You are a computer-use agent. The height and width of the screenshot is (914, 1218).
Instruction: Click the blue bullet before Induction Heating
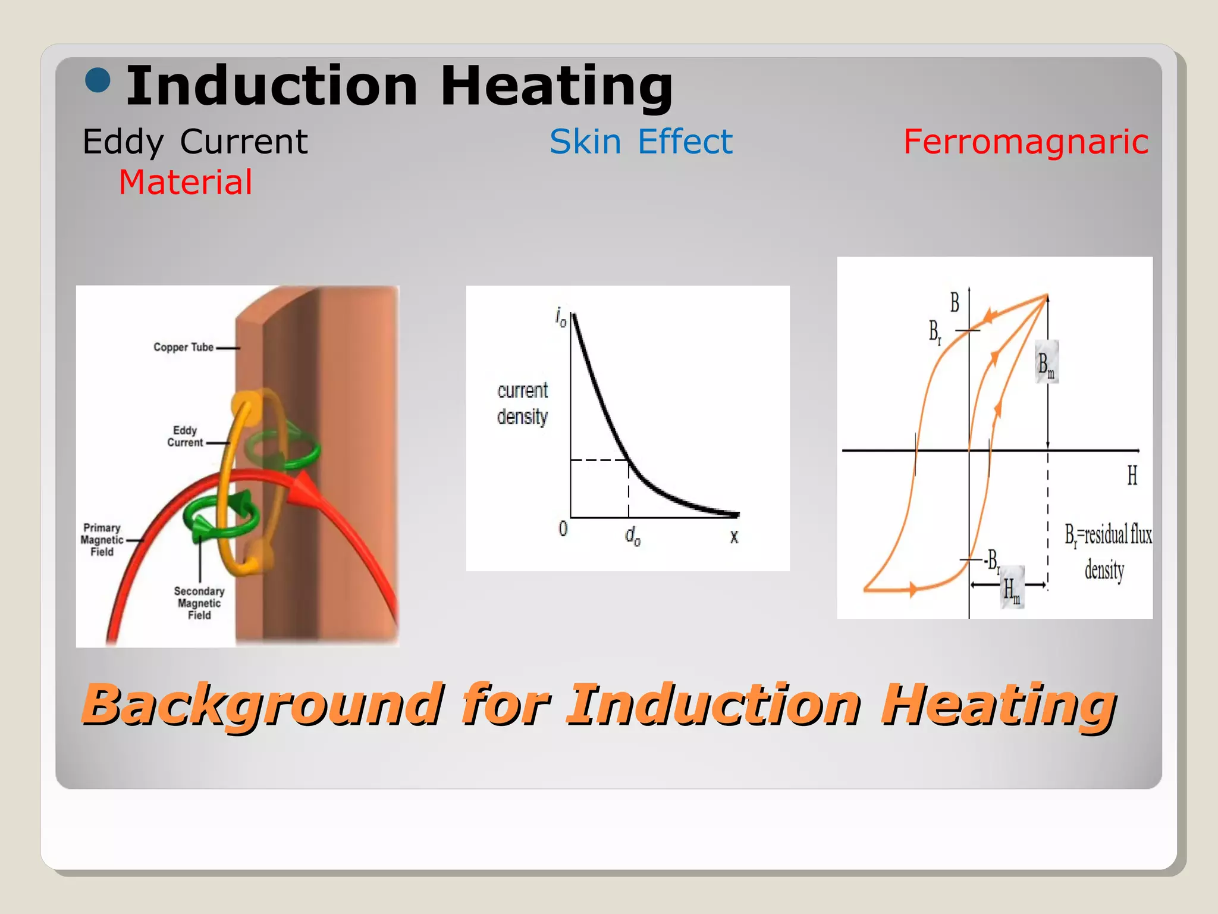pos(98,81)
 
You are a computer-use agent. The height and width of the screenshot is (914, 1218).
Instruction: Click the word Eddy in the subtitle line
pos(123,142)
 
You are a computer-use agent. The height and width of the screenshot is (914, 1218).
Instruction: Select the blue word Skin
pos(585,142)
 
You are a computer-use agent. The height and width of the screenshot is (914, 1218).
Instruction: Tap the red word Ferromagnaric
pos(1026,142)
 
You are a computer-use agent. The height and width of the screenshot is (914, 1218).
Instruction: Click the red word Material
pos(186,182)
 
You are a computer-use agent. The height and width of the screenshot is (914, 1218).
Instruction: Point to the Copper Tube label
pos(183,347)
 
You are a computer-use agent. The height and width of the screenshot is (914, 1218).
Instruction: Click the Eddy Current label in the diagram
pos(185,436)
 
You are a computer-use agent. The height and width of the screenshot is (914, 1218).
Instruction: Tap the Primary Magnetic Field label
pos(102,540)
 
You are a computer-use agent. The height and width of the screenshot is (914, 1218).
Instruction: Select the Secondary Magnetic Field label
pos(199,603)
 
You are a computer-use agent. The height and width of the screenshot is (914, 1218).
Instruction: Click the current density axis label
pos(522,403)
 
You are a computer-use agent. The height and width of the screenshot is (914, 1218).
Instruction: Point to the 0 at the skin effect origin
pos(563,528)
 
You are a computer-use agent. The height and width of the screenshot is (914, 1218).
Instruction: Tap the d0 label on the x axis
pos(632,536)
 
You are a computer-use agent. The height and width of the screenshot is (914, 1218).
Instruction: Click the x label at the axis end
pos(734,536)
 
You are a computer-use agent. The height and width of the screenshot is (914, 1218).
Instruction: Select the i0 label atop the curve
pos(561,317)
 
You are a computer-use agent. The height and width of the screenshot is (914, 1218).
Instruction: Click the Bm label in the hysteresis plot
pos(1046,364)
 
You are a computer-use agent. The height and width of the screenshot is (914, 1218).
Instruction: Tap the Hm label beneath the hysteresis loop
pos(1011,590)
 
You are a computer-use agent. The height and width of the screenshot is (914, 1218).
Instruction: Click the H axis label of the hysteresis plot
pos(1132,475)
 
